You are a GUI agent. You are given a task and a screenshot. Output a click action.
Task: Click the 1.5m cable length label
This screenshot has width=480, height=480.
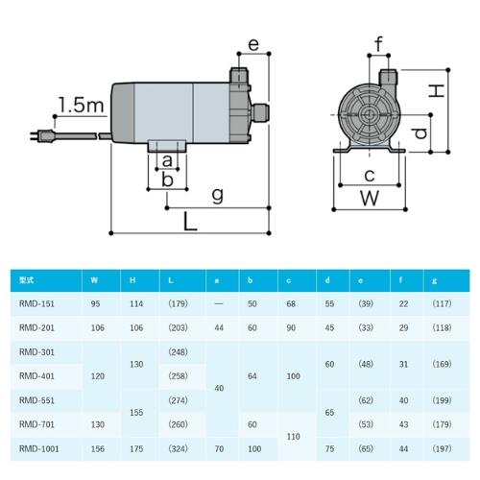coord(82,105)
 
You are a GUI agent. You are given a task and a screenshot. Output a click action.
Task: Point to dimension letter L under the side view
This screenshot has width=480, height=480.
coord(190,222)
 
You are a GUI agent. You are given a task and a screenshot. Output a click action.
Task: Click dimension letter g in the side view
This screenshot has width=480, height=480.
coord(218,196)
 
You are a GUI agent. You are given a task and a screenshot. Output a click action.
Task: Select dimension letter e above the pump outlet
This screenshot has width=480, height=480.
coord(253,44)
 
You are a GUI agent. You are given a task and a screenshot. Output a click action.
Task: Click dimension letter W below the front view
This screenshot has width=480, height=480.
coord(370,198)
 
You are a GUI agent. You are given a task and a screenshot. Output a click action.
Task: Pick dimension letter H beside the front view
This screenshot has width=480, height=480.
coord(436,90)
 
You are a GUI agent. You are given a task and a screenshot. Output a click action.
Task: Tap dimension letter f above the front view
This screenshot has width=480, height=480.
coord(379,44)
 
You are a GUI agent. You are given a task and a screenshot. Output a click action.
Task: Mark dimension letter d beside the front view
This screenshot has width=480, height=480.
coord(420,133)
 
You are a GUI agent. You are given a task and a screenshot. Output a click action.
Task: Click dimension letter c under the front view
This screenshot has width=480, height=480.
coord(370,176)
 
